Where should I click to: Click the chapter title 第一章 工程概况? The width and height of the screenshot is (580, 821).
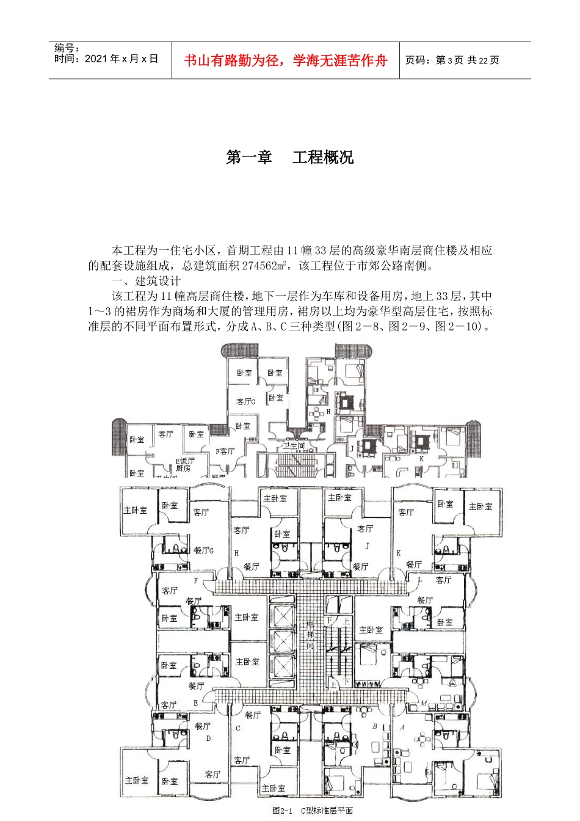[289, 158]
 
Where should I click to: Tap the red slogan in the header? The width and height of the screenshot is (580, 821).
[286, 60]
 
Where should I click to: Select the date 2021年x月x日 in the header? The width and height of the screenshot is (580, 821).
[121, 59]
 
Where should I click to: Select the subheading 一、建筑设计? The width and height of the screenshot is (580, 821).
[146, 281]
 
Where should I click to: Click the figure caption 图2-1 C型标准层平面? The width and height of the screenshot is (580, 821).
[313, 811]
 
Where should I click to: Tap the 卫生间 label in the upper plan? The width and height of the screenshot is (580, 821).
[293, 446]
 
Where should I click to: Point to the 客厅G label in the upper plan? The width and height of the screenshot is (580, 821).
[245, 401]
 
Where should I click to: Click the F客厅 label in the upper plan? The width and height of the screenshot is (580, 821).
[225, 451]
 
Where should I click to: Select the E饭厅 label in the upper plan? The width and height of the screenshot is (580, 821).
[184, 461]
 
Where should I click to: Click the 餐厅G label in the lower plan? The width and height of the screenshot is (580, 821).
[203, 550]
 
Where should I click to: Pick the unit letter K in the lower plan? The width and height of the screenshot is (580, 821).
[399, 552]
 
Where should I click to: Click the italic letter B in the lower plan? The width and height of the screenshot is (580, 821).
[375, 727]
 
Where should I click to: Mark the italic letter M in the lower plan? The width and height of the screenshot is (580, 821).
[422, 703]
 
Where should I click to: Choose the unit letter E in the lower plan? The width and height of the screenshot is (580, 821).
[195, 703]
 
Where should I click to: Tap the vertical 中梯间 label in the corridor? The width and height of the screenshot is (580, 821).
[310, 635]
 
